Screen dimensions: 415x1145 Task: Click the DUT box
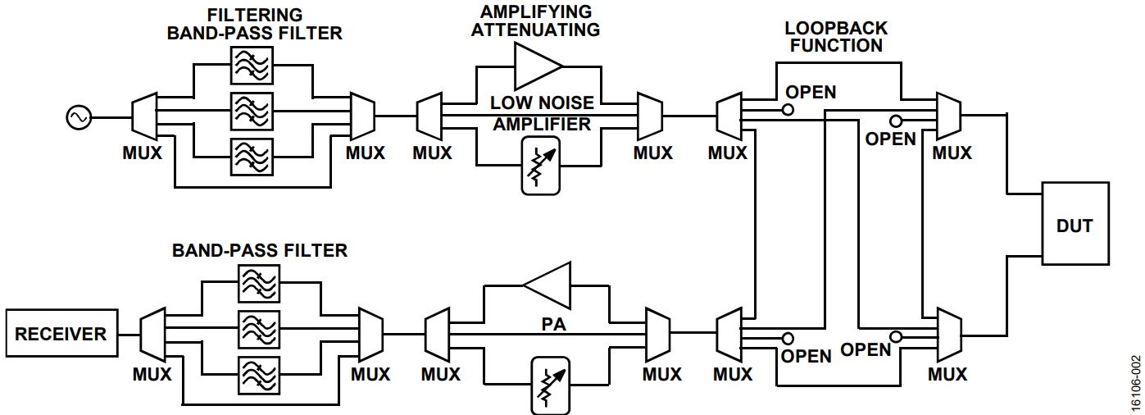coord(1075,224)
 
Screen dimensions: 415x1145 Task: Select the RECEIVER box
coord(61,334)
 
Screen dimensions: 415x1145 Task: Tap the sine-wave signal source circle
coord(80,118)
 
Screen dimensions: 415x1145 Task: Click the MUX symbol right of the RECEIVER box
coord(153,334)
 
